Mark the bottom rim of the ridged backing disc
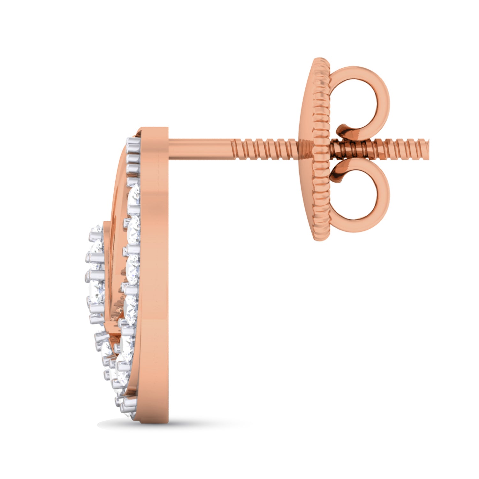(319, 238)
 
